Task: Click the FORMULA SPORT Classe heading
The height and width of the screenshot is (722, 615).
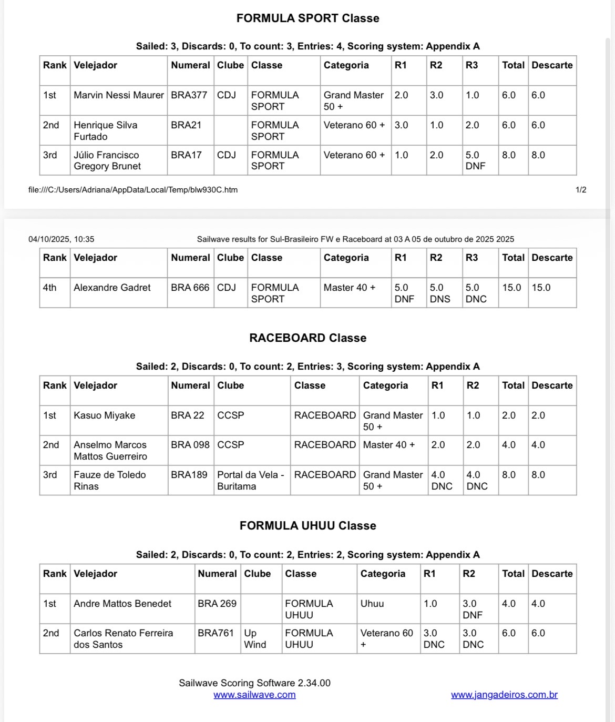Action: point(307,18)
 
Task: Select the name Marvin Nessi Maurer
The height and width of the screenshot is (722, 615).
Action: point(119,95)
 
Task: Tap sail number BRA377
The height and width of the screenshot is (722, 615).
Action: point(189,95)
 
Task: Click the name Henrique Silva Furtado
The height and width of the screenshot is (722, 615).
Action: point(105,130)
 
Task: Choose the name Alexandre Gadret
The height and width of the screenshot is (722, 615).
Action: point(112,288)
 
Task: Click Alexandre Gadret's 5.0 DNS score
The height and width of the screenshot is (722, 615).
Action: point(440,293)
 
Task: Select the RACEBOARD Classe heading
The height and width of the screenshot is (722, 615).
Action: point(307,338)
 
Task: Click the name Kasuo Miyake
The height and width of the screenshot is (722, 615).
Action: point(104,415)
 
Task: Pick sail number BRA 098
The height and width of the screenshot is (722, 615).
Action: point(190,445)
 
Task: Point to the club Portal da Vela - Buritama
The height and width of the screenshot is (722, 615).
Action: point(251,480)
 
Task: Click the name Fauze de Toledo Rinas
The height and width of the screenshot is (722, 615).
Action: point(109,480)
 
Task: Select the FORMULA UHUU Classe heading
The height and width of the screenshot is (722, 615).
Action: point(307,526)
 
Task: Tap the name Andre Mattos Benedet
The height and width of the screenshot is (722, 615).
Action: point(122,604)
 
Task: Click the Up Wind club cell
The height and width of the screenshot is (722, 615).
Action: point(255,638)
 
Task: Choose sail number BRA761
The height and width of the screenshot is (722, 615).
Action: point(216,633)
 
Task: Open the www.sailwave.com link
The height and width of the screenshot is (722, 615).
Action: point(254,695)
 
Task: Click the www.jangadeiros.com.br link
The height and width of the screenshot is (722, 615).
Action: point(504,695)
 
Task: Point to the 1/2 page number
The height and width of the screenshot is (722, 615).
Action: point(581,190)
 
